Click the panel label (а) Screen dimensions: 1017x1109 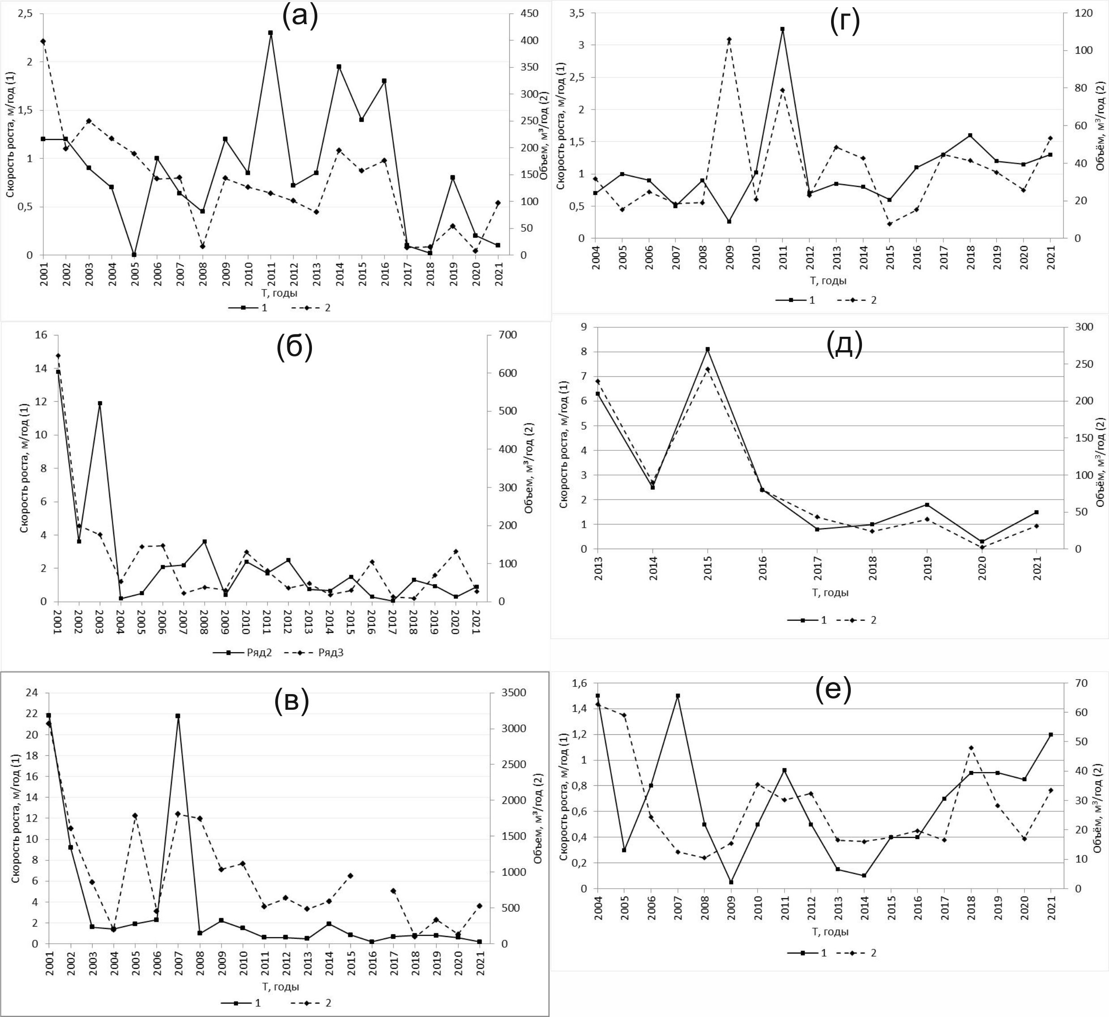point(300,17)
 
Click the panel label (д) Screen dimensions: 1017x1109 point(844,344)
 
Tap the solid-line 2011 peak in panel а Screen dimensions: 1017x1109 point(270,33)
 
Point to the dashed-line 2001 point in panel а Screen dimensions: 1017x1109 point(43,41)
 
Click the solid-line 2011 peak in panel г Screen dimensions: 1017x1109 point(782,29)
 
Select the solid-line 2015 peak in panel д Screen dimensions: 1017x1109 point(708,349)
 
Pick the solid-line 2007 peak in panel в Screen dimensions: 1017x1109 point(178,716)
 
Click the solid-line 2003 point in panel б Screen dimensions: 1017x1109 point(100,403)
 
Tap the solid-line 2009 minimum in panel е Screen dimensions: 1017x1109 point(731,882)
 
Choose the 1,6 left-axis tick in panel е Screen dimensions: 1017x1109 point(579,683)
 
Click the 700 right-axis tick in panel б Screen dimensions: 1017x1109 point(497,335)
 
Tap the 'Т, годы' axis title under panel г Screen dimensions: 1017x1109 point(827,281)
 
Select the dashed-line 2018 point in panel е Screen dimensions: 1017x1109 point(971,748)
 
